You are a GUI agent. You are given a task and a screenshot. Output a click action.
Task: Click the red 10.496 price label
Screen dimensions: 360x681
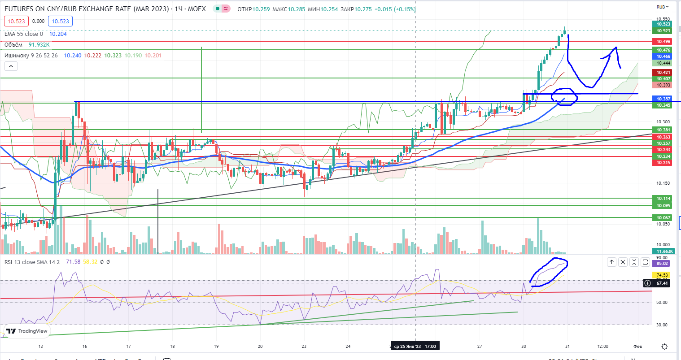pyautogui.click(x=664, y=42)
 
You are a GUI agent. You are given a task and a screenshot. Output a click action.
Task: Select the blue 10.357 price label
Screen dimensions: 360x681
pyautogui.click(x=664, y=99)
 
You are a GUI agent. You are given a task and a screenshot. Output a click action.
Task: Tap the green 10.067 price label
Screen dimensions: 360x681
pyautogui.click(x=664, y=218)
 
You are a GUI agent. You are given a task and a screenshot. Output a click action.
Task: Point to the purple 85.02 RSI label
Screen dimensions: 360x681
pyautogui.click(x=662, y=264)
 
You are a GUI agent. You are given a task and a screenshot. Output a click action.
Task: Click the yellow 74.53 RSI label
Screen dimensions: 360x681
pyautogui.click(x=662, y=275)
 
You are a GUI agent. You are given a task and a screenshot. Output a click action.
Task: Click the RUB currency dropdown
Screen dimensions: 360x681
pyautogui.click(x=663, y=7)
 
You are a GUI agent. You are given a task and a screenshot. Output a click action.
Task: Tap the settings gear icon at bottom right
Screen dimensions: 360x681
pyautogui.click(x=665, y=347)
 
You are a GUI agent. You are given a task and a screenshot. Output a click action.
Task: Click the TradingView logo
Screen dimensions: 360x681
pyautogui.click(x=27, y=331)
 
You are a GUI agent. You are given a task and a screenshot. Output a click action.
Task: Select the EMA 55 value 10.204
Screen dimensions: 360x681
pyautogui.click(x=58, y=34)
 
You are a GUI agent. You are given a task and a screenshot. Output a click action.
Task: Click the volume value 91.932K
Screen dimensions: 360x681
pyautogui.click(x=39, y=45)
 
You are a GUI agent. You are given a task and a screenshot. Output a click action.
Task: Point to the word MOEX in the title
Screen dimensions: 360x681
pyautogui.click(x=197, y=9)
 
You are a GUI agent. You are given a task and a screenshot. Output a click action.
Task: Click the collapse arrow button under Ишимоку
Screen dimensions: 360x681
pyautogui.click(x=11, y=66)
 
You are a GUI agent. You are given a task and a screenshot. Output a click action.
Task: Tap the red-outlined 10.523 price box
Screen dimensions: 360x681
pyautogui.click(x=17, y=21)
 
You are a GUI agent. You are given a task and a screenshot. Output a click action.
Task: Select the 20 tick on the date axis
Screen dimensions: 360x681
pyautogui.click(x=260, y=347)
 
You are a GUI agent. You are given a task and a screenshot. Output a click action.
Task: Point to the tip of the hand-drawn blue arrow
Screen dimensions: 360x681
pyautogui.click(x=615, y=48)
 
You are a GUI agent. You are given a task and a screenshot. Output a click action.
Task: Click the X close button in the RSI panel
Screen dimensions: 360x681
pyautogui.click(x=623, y=262)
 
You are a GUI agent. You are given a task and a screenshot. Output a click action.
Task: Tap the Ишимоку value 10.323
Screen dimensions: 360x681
pyautogui.click(x=113, y=56)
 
